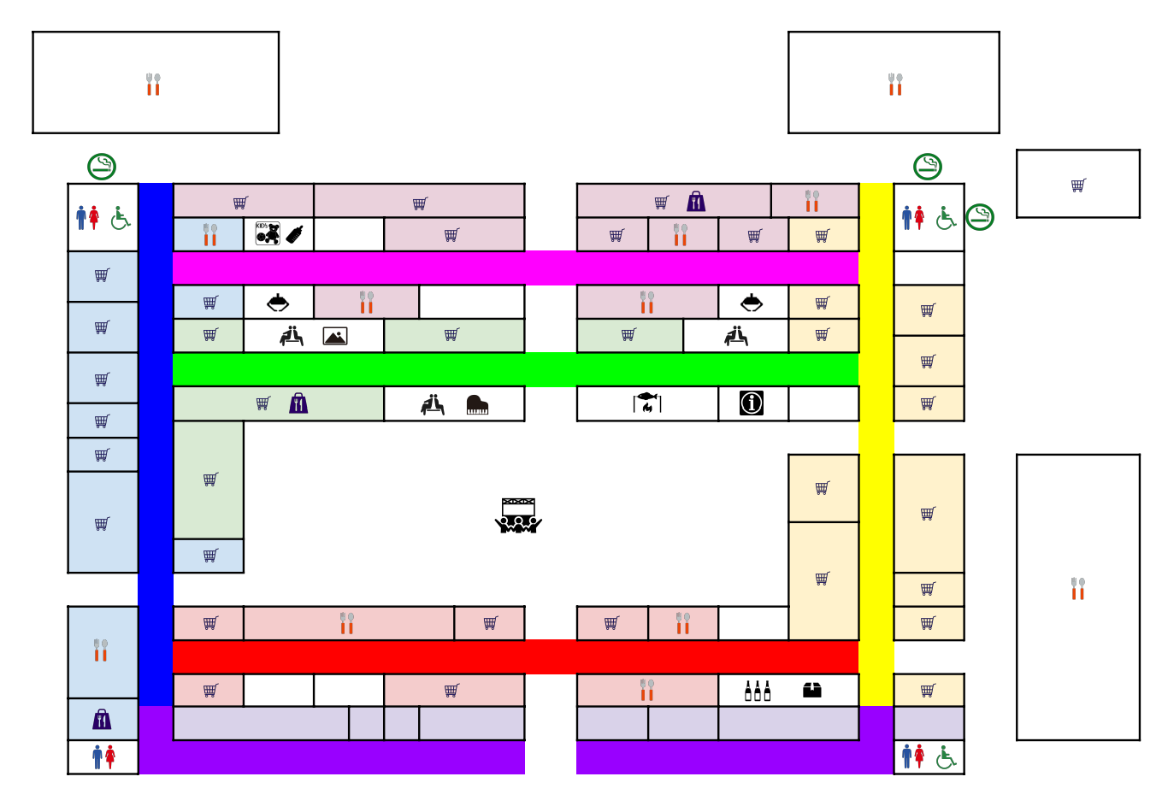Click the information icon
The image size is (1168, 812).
click(x=752, y=403)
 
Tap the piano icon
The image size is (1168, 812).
click(x=477, y=405)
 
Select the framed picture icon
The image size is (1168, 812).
click(x=335, y=336)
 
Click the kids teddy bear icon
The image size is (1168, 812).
click(x=268, y=233)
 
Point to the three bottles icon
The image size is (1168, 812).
click(x=758, y=691)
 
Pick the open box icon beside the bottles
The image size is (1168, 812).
click(x=812, y=690)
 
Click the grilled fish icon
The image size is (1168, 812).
click(x=647, y=403)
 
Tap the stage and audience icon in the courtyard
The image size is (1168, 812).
click(x=518, y=515)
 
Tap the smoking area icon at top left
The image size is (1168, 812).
click(x=102, y=167)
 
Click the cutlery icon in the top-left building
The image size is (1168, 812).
click(x=153, y=84)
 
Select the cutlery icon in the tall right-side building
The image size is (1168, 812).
click(x=1077, y=588)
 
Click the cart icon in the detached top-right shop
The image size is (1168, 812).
click(x=1078, y=185)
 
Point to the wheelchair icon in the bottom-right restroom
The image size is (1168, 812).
click(x=946, y=756)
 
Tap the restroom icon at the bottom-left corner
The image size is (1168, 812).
click(x=103, y=756)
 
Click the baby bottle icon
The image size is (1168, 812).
click(x=295, y=233)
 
